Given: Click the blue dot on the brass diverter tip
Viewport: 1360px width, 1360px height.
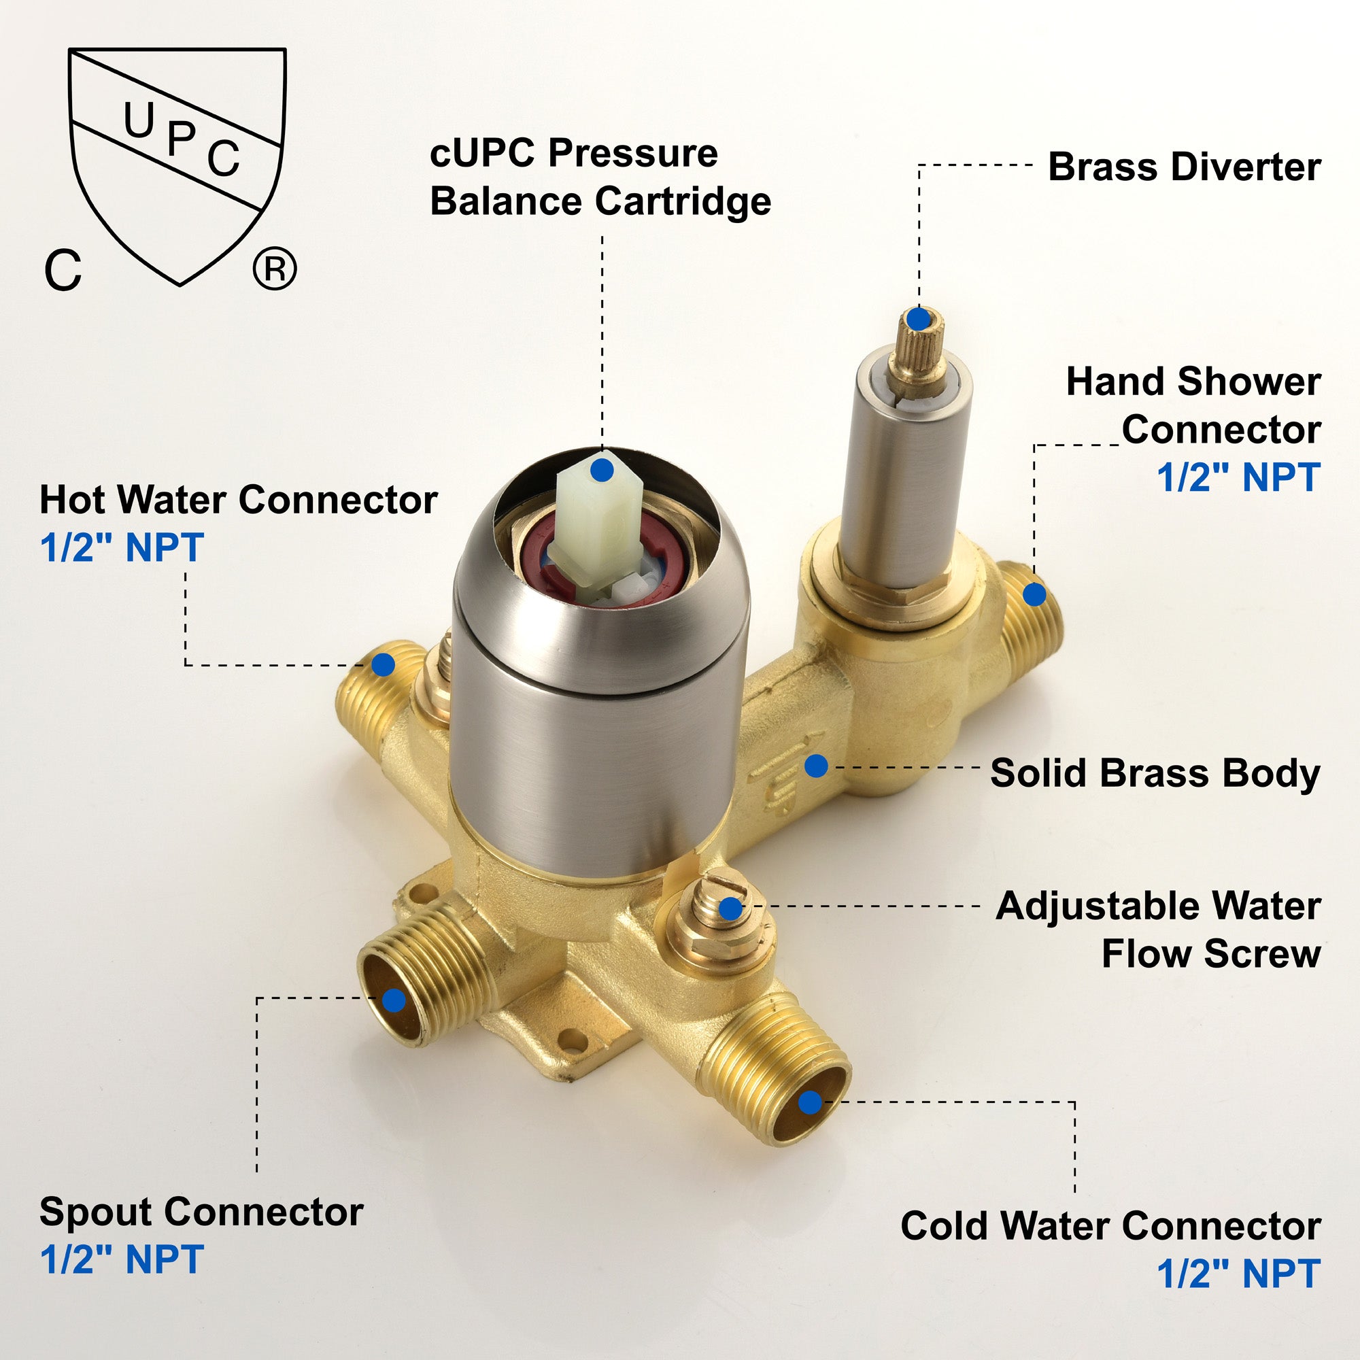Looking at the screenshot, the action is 918,319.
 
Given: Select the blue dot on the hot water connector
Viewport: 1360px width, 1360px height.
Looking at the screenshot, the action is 383,664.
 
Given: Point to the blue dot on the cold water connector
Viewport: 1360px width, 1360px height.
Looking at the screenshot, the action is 811,1102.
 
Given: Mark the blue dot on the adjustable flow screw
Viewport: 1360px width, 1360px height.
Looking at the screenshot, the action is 731,908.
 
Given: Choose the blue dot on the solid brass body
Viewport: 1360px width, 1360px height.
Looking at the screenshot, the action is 816,766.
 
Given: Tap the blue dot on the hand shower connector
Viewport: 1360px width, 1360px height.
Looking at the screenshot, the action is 1034,595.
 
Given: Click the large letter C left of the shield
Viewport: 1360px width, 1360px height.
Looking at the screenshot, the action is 63,271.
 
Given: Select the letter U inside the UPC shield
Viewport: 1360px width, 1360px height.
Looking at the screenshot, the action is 139,120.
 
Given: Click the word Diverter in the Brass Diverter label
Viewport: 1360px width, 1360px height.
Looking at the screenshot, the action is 1245,167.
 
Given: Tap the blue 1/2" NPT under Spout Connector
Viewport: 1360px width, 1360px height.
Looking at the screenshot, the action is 122,1259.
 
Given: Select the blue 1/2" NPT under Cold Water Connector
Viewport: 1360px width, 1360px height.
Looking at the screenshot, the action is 1239,1274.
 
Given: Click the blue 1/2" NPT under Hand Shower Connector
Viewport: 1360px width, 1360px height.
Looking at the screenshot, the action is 1239,477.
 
